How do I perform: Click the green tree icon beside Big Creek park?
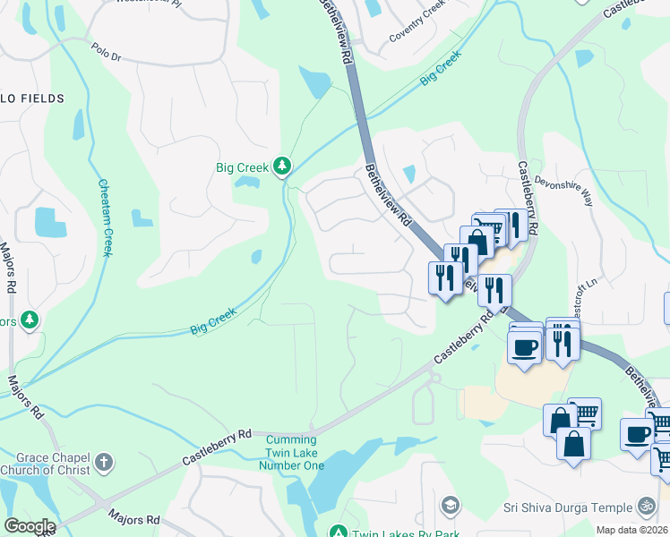pos(282,166)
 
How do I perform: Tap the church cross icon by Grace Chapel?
pos(103,463)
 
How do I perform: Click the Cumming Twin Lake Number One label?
pos(291,453)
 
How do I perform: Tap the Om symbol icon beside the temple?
pos(647,506)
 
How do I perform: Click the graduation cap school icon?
pos(450,505)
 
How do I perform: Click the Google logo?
pos(29,526)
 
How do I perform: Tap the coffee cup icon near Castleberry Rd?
pos(525,346)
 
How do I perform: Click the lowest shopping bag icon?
pos(573,442)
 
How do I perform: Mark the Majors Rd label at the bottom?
pos(134,518)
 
